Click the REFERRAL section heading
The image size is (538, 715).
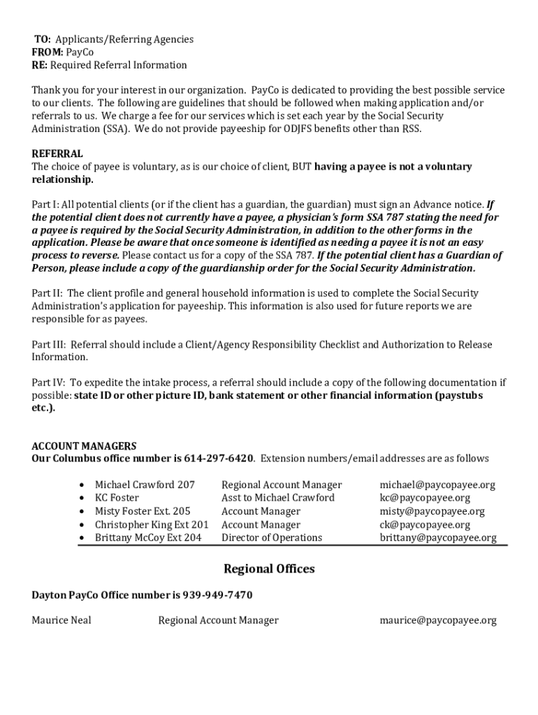tap(57, 154)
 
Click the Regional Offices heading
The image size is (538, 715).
tap(269, 569)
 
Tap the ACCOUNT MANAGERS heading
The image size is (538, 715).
tap(84, 445)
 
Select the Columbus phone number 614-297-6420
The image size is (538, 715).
tap(219, 459)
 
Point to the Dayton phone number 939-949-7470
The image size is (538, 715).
tap(217, 595)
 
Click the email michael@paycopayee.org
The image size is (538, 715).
tap(437, 485)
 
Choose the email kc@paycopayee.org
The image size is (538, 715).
tap(425, 498)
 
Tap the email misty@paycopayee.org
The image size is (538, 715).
tap(432, 511)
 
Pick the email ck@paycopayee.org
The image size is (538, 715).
tap(425, 524)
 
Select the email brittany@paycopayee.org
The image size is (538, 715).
tap(438, 538)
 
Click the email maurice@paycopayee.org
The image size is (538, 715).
tap(438, 620)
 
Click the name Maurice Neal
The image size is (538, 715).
tap(61, 620)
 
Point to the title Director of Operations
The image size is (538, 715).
tap(272, 538)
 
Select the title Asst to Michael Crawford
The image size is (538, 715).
tap(278, 498)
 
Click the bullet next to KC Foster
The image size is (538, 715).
tap(83, 498)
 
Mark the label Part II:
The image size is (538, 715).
tap(48, 293)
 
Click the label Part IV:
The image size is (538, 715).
tap(48, 383)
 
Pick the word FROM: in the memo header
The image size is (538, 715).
tap(48, 52)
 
